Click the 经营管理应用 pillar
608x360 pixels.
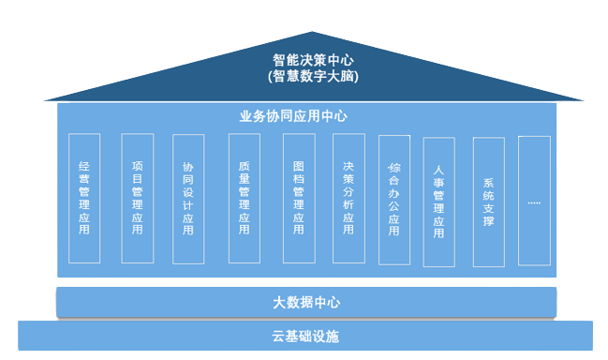[85, 198]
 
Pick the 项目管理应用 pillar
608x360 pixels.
[138, 198]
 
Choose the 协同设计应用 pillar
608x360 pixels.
[188, 199]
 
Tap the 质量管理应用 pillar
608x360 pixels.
[245, 198]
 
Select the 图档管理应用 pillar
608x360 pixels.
[299, 198]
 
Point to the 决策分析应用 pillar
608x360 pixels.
[348, 198]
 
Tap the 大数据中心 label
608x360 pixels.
[306, 302]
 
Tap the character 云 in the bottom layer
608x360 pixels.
[278, 336]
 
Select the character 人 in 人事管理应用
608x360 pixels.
[438, 171]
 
